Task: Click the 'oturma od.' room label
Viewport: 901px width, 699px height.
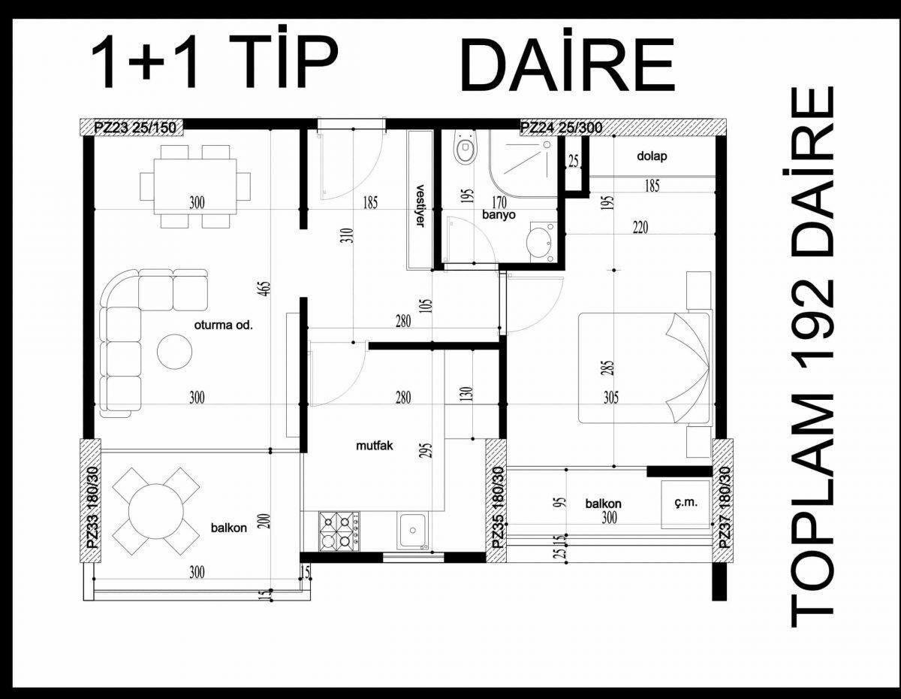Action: point(223,325)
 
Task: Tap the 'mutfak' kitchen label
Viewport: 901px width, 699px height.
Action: point(375,446)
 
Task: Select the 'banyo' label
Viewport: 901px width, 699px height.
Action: point(499,215)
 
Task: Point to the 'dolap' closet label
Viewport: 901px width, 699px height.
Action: point(652,156)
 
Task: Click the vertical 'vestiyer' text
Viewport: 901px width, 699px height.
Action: point(420,205)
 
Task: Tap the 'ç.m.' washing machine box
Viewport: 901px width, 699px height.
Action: point(685,504)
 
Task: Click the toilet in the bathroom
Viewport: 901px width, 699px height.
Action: point(466,149)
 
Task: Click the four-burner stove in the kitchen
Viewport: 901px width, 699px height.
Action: point(339,531)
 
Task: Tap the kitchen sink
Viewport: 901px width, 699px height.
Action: point(412,531)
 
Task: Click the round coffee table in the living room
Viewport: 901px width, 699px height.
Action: point(174,352)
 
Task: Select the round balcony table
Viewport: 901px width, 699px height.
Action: point(156,511)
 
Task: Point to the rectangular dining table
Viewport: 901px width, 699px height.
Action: point(195,186)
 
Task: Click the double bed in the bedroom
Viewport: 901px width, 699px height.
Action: point(644,368)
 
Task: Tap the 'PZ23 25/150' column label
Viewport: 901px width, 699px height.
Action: point(134,128)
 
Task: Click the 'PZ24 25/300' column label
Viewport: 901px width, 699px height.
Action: point(561,128)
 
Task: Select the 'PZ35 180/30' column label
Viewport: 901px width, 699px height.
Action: point(499,507)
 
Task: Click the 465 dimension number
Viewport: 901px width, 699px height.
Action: point(266,289)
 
